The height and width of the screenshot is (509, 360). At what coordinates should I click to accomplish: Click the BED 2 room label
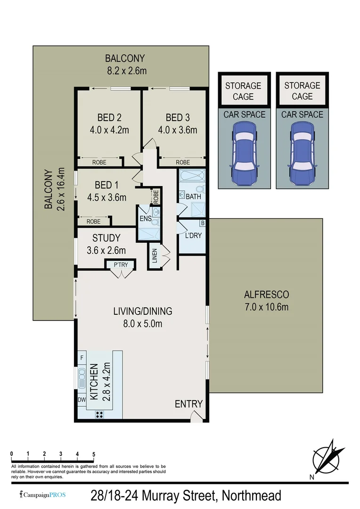[109, 117]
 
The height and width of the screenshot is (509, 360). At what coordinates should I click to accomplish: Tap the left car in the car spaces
[244, 154]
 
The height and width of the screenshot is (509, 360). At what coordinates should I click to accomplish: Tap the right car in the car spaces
[302, 154]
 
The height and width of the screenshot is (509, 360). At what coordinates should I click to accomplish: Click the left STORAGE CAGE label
[243, 91]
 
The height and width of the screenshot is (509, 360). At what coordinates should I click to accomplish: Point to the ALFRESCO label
[266, 295]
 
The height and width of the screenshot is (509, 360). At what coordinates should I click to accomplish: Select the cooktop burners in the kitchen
[99, 414]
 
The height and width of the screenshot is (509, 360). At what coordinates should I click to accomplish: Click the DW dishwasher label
[82, 400]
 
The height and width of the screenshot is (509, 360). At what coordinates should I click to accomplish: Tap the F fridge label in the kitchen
[82, 358]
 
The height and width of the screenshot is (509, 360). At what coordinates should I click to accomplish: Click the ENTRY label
[188, 404]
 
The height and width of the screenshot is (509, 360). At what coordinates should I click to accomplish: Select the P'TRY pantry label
[121, 265]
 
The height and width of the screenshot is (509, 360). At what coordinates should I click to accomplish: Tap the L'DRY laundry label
[193, 234]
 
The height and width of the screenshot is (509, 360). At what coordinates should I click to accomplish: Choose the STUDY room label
[106, 238]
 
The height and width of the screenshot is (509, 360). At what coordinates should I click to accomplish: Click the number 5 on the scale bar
[94, 454]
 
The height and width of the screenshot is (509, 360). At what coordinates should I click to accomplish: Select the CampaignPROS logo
[42, 495]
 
